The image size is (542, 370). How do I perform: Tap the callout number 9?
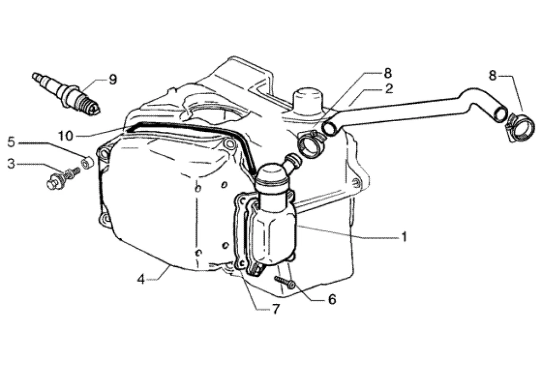click(x=112, y=80)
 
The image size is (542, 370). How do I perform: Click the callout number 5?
click(x=11, y=142)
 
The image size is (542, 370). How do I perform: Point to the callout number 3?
click(x=11, y=164)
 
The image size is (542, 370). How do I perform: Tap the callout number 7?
click(x=275, y=310)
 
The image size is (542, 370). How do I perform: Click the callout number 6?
click(x=332, y=300)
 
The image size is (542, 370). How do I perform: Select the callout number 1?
click(x=404, y=237)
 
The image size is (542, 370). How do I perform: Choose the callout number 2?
click(x=389, y=88)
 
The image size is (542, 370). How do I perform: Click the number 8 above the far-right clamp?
click(x=492, y=75)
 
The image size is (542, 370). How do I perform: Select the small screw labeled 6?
click(x=285, y=282)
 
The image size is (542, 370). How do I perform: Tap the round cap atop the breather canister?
click(x=272, y=173)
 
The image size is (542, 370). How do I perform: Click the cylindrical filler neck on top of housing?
click(x=307, y=101)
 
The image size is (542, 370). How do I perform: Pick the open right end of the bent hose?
click(x=500, y=112)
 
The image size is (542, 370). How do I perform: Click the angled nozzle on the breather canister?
click(x=292, y=161)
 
